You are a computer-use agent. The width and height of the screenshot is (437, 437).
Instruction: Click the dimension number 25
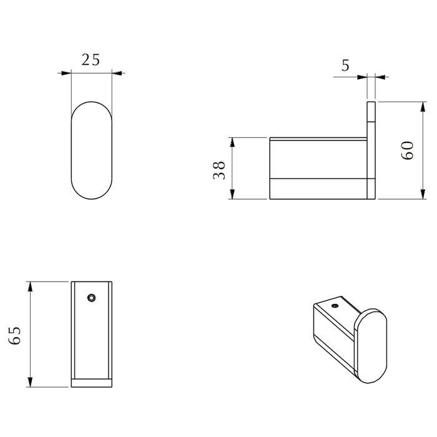(x=91, y=60)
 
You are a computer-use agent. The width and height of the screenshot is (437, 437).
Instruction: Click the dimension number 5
(x=345, y=65)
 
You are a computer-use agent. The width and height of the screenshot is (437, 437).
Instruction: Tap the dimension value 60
(x=407, y=150)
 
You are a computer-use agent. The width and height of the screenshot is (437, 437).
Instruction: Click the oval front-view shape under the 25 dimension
(x=92, y=150)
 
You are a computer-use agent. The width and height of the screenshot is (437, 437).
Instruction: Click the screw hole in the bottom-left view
(x=92, y=298)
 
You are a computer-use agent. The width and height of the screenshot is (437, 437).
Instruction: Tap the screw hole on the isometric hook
(x=335, y=306)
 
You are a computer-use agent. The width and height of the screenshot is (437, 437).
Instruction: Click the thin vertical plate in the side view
(x=371, y=150)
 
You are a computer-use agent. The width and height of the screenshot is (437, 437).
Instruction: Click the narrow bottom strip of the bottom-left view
(x=92, y=383)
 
